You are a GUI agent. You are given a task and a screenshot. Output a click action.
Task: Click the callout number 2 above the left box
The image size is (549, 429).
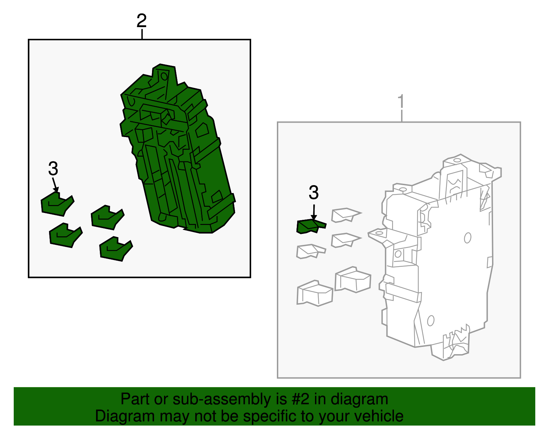click(141, 21)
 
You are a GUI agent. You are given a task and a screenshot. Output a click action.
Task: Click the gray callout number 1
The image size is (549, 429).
click(401, 101)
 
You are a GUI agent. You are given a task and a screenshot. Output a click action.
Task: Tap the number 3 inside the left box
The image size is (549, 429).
click(53, 169)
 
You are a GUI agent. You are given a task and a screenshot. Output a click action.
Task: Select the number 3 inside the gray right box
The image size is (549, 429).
click(314, 192)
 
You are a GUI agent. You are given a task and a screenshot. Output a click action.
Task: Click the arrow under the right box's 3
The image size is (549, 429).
click(314, 212)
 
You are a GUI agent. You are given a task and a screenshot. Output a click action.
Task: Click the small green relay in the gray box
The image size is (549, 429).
click(311, 226)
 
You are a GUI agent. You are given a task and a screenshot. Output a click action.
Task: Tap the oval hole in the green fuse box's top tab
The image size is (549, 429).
click(164, 76)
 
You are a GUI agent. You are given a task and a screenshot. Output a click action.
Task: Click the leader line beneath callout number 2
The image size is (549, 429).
click(142, 34)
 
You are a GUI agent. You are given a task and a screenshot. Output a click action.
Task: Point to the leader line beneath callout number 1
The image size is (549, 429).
click(401, 116)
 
